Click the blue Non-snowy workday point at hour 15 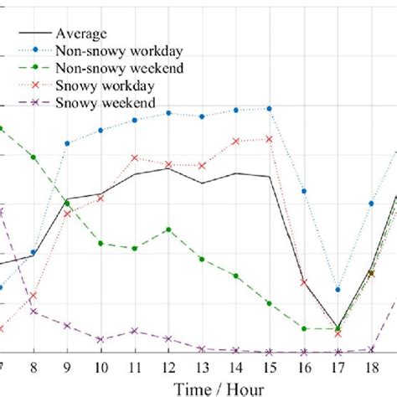pyautogui.click(x=270, y=108)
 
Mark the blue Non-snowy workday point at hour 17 pyautogui.click(x=338, y=290)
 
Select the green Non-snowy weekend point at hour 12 pyautogui.click(x=168, y=229)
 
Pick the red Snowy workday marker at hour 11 pyautogui.click(x=135, y=157)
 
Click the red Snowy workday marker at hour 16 pyautogui.click(x=304, y=282)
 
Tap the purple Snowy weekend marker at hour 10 pyautogui.click(x=101, y=340)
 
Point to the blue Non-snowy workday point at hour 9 pyautogui.click(x=67, y=143)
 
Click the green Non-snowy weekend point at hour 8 pyautogui.click(x=34, y=157)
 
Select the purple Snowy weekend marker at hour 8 pyautogui.click(x=34, y=312)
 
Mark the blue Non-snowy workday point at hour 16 pyautogui.click(x=304, y=191)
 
